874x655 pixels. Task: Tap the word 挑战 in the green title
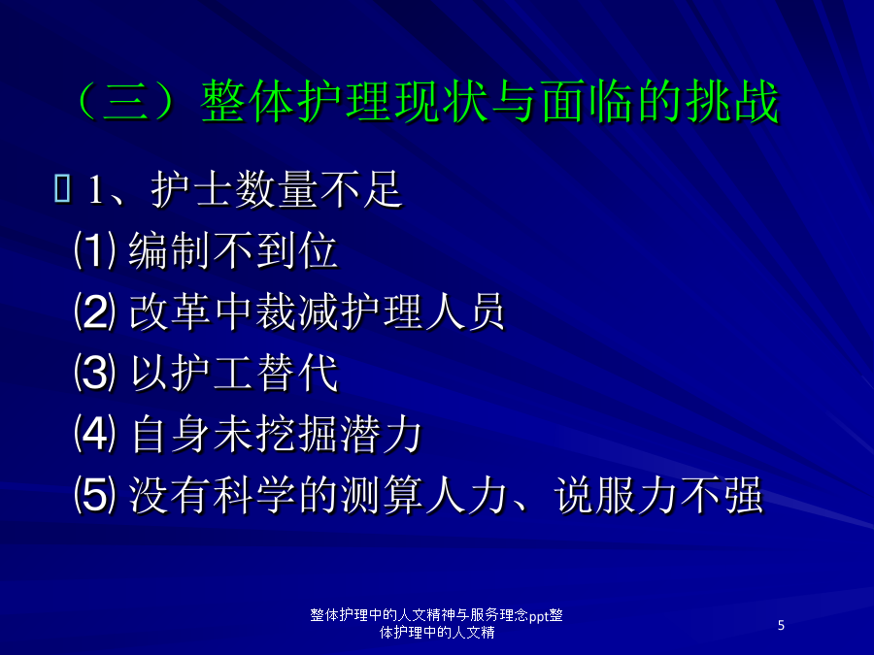(x=732, y=101)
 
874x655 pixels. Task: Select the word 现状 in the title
(x=442, y=101)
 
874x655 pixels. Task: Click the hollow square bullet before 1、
(x=62, y=188)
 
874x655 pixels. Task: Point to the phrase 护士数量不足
(x=277, y=189)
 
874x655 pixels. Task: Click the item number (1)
(x=95, y=250)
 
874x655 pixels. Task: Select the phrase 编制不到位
(x=233, y=250)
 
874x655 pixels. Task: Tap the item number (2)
(x=95, y=311)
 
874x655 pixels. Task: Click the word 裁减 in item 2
(x=297, y=311)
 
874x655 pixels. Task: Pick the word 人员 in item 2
(x=464, y=311)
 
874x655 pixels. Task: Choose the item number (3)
(x=95, y=373)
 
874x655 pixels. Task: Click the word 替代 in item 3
(x=297, y=373)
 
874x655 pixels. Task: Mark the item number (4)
(x=95, y=434)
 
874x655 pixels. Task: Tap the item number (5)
(x=95, y=495)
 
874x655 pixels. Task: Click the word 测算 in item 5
(x=382, y=495)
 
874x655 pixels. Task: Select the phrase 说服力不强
(x=657, y=495)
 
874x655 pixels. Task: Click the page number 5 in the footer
(x=781, y=625)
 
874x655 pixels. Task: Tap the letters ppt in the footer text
(x=538, y=616)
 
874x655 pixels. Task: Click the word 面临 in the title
(x=587, y=101)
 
